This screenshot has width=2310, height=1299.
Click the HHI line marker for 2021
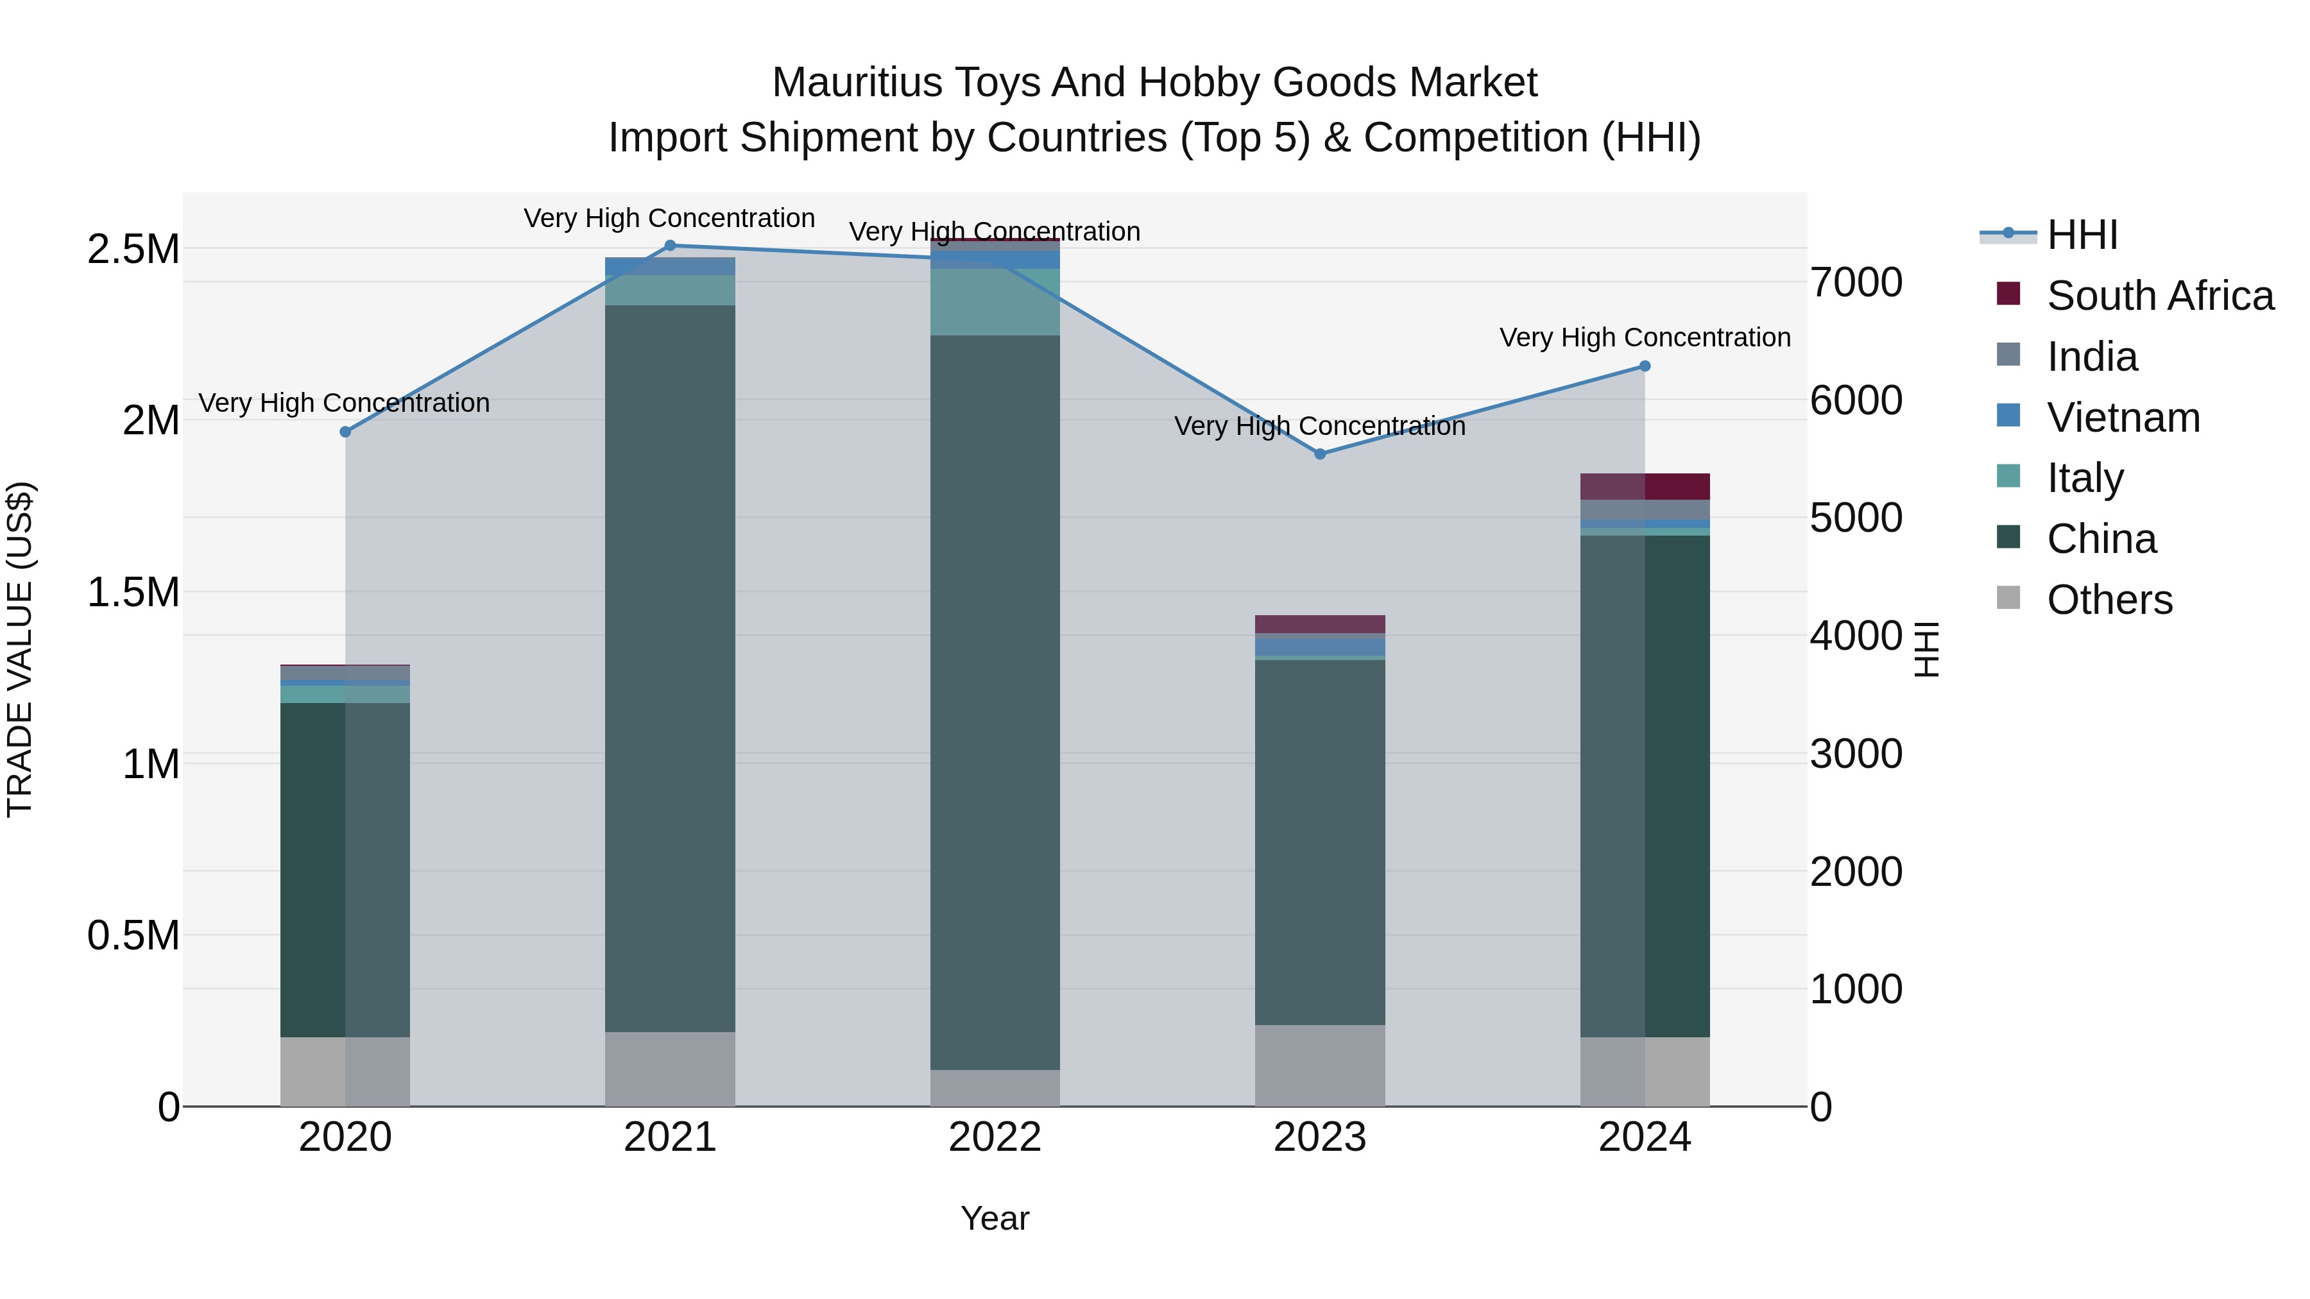tap(670, 246)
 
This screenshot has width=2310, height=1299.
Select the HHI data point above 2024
tap(1645, 366)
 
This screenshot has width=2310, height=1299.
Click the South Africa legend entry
tap(2159, 296)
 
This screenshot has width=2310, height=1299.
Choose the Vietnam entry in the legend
tap(2123, 418)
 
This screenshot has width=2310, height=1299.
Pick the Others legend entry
tap(2109, 600)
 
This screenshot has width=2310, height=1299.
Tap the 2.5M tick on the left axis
tap(133, 250)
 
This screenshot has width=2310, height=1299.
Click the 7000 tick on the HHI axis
tap(1855, 282)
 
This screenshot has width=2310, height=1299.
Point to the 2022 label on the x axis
tap(995, 1137)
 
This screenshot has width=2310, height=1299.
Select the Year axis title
tap(995, 1218)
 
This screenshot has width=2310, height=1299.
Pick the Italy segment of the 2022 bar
tap(995, 302)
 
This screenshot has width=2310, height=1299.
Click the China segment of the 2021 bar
tap(670, 668)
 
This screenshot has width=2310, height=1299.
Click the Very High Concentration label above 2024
tap(1645, 338)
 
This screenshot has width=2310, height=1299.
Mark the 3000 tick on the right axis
tap(1855, 754)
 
